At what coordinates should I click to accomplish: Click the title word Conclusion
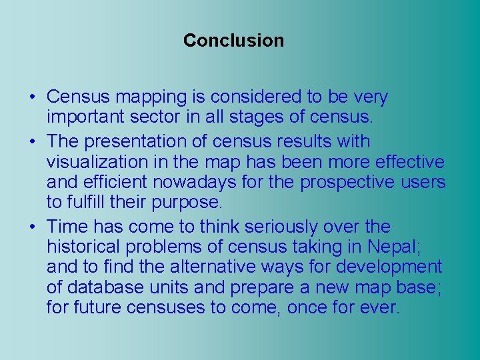click(233, 41)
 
